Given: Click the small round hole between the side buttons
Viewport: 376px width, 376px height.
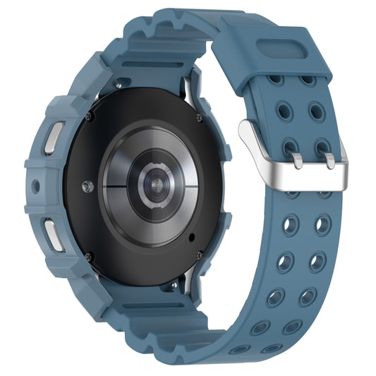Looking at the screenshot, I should click(36, 187).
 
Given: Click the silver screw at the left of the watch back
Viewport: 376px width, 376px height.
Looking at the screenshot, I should click(87, 187).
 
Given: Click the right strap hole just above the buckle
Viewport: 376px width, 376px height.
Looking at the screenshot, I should click(317, 111).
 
